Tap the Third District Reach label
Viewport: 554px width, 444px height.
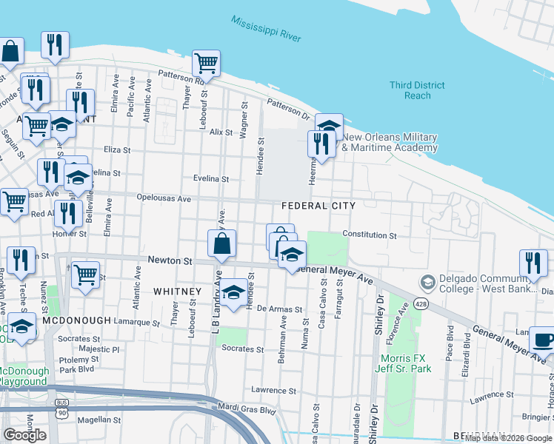click(x=418, y=90)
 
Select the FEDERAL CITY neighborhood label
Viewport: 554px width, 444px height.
click(x=318, y=206)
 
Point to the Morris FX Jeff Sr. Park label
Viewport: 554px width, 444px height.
click(x=404, y=363)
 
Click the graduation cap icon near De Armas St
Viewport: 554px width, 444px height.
click(x=234, y=291)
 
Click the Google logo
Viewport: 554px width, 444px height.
click(x=24, y=435)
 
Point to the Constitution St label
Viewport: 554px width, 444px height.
click(x=370, y=235)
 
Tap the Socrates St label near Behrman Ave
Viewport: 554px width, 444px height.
click(x=243, y=349)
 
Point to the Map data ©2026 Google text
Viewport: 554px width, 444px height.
click(x=509, y=438)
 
